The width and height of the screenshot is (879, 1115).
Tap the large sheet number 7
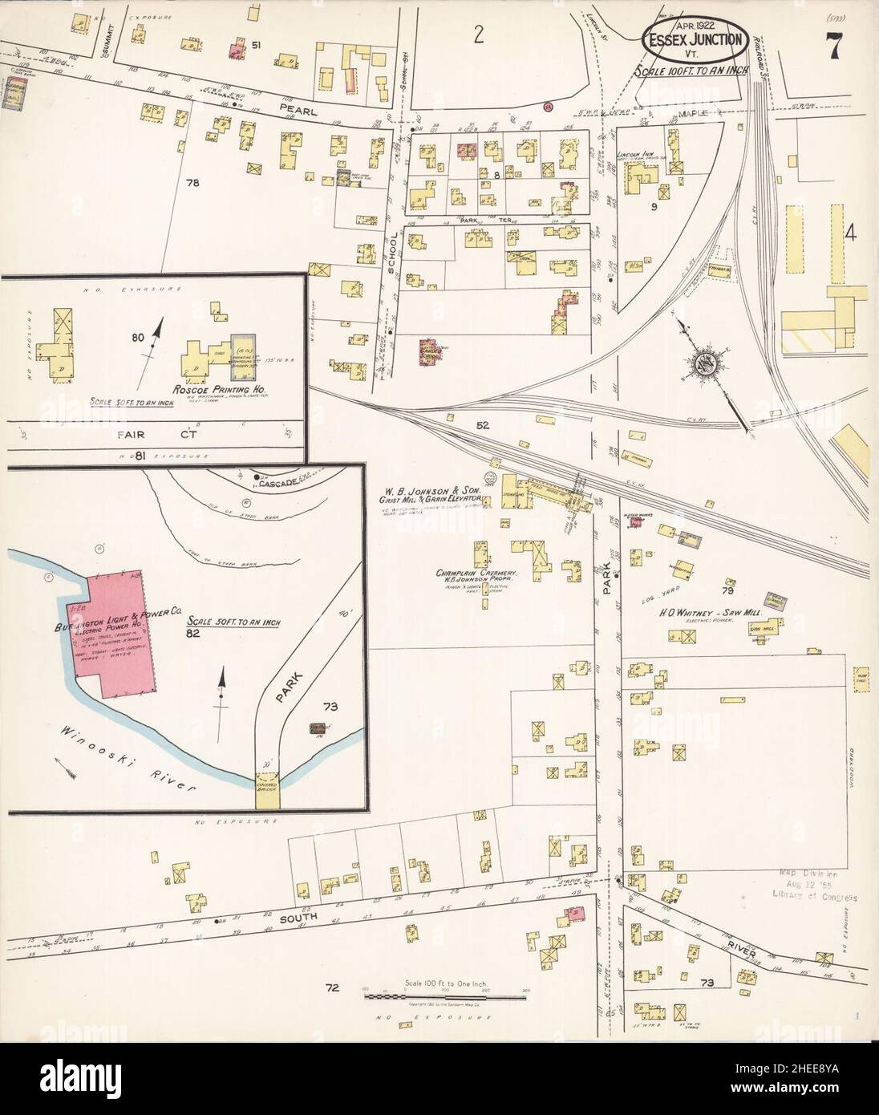click(x=834, y=48)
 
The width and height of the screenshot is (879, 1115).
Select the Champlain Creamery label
click(x=475, y=574)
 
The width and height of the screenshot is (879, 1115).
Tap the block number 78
click(x=192, y=184)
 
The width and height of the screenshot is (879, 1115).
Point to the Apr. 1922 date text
click(x=691, y=25)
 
